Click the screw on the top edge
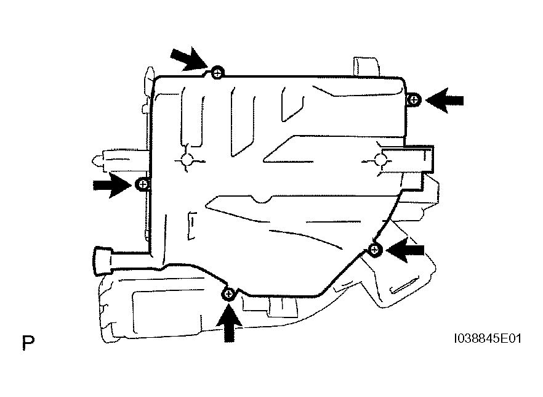(217, 73)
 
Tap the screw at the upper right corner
(414, 100)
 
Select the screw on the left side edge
(143, 184)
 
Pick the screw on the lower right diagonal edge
(375, 249)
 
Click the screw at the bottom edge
(228, 295)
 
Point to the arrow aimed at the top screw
(189, 59)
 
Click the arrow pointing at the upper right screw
(444, 100)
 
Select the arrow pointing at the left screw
(113, 185)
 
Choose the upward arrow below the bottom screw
(228, 322)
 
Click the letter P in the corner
(28, 343)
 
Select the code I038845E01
(487, 338)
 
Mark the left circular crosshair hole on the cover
(188, 161)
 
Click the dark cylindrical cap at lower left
(102, 261)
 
